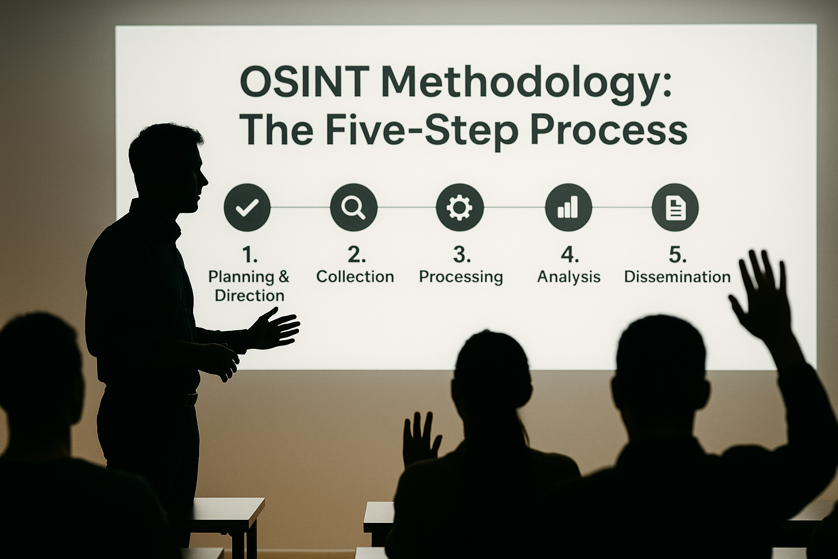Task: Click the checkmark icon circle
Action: [x=247, y=207]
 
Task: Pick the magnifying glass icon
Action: [x=354, y=207]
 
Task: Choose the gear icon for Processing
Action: [x=460, y=207]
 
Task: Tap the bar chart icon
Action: [x=568, y=207]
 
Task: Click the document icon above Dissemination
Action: [x=675, y=207]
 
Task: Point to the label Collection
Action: [x=355, y=277]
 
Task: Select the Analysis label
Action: [x=568, y=277]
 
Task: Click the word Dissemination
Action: [x=677, y=277]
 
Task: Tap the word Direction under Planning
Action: [x=249, y=295]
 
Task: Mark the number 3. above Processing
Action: [x=462, y=254]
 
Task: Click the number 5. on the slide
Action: [x=677, y=254]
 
